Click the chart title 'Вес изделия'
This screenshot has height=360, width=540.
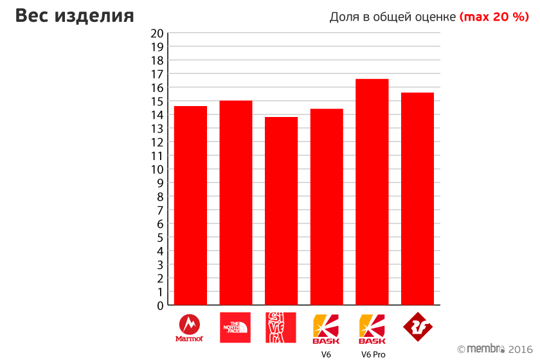(75, 16)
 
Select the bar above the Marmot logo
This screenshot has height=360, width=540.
(190, 206)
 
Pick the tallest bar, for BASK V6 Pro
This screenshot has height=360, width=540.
(372, 192)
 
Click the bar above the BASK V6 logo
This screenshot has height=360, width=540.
(327, 207)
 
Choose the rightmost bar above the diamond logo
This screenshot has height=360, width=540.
(417, 199)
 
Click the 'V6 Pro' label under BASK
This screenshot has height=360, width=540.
(373, 354)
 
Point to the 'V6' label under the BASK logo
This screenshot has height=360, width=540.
(327, 354)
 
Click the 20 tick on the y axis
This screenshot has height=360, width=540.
(157, 33)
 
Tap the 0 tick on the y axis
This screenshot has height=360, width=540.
(160, 305)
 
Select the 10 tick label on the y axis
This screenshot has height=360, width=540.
(157, 169)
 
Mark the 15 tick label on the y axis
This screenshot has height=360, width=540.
(157, 101)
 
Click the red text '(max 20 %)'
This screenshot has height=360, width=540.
(494, 17)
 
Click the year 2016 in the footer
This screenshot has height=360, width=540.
(521, 348)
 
